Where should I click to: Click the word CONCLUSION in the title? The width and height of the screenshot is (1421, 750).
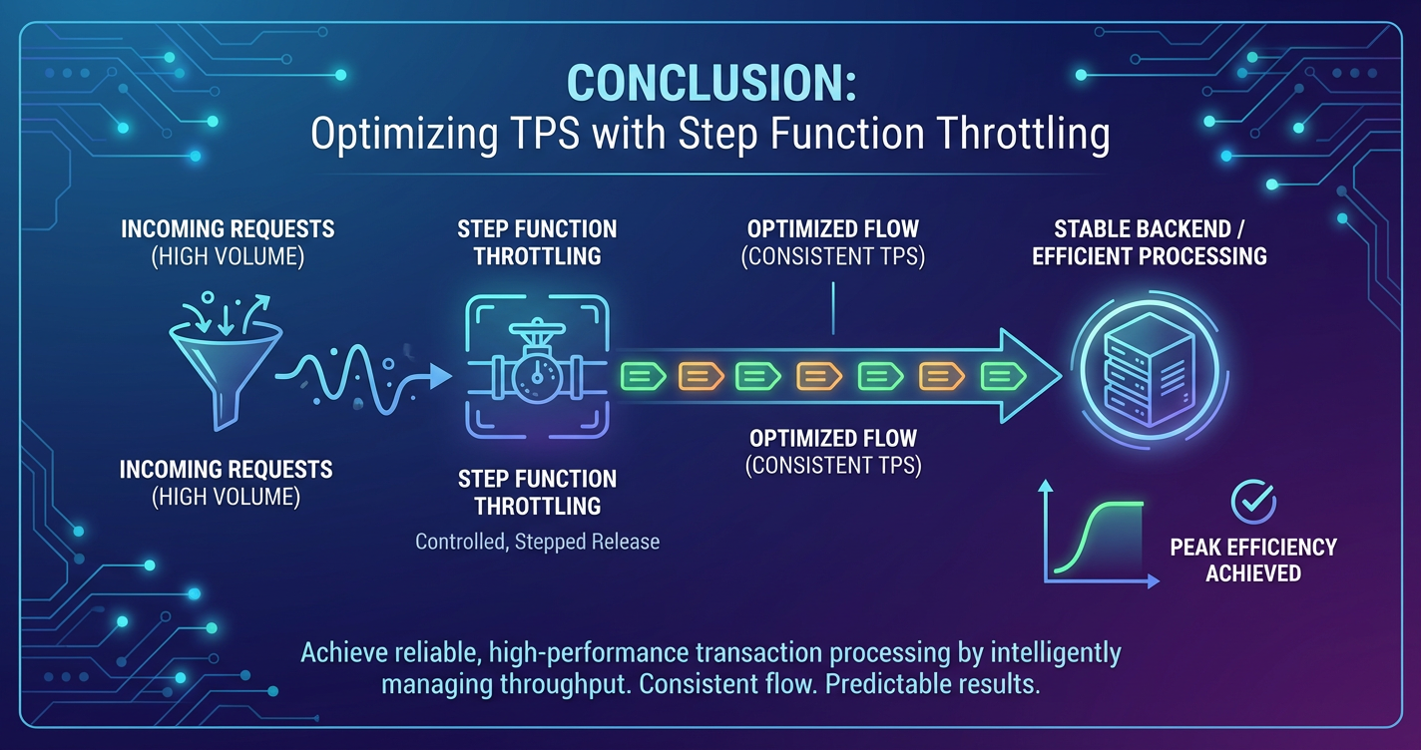coord(705,83)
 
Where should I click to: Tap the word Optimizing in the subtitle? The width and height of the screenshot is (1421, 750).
coord(405,134)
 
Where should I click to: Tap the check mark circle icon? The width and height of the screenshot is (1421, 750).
coord(1253,502)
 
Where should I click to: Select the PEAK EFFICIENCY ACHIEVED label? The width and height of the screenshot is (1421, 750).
coord(1253,560)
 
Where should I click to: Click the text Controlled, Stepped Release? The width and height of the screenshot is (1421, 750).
coord(537,542)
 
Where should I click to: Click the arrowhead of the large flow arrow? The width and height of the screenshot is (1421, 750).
coord(1028,376)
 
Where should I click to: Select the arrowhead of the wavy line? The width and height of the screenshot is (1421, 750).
coord(440,376)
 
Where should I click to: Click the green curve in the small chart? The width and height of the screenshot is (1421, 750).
coord(1098,536)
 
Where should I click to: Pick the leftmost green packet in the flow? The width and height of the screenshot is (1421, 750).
coord(643,376)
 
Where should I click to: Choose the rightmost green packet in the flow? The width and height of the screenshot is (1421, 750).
coord(1003,376)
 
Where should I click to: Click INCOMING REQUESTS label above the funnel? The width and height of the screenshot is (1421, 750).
coord(228,228)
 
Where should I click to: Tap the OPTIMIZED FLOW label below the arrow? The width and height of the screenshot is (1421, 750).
coord(833,438)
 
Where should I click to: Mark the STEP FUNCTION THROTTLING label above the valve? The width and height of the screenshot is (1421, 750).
coord(537,242)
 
